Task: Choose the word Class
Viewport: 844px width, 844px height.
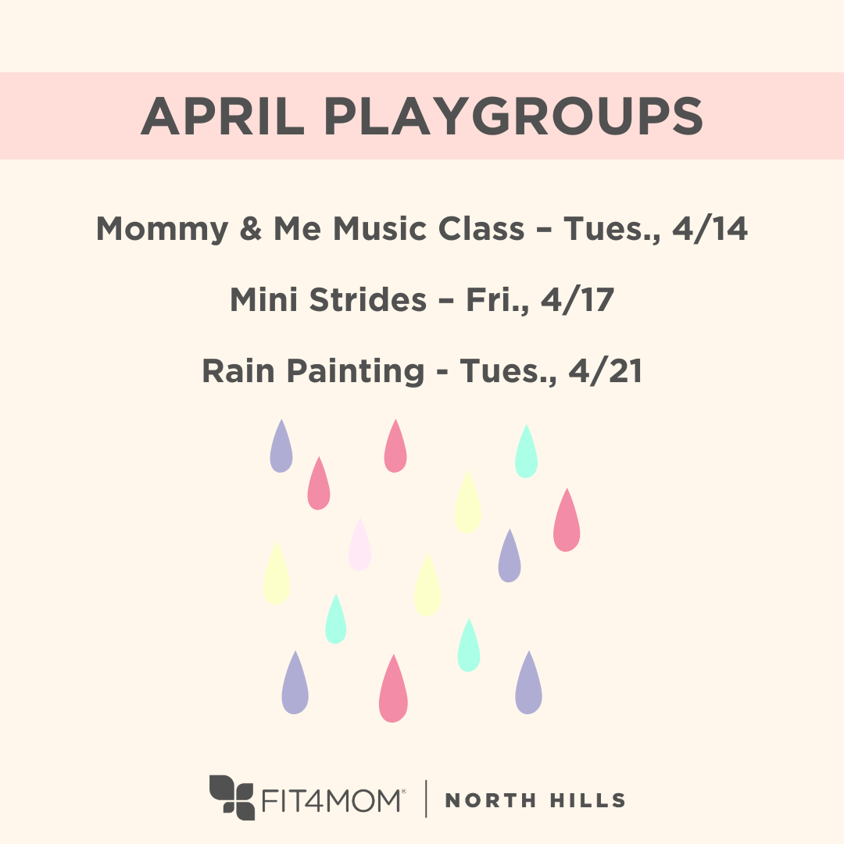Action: [x=481, y=229]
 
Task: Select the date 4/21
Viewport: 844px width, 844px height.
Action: [x=605, y=371]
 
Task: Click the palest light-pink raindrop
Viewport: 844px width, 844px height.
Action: [x=359, y=546]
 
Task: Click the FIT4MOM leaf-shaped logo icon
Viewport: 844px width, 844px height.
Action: [x=233, y=798]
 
